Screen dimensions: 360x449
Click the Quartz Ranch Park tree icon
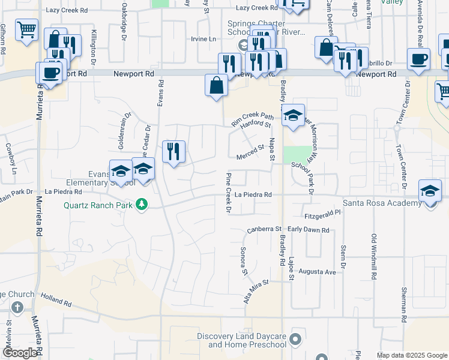142,205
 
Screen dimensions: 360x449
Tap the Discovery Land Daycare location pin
294,340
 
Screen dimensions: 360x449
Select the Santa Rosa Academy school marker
430,190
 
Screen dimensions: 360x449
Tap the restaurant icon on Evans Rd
173,151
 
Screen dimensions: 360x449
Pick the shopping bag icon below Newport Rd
216,85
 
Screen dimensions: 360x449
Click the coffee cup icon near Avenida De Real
418,59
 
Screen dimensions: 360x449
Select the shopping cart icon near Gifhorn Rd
26,29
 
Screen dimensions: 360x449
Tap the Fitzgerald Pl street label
322,212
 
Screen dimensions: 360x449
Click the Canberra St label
264,230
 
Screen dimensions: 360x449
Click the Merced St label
250,152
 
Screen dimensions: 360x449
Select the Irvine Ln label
203,39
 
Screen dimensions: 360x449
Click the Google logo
20,353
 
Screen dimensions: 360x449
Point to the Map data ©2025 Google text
412,355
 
